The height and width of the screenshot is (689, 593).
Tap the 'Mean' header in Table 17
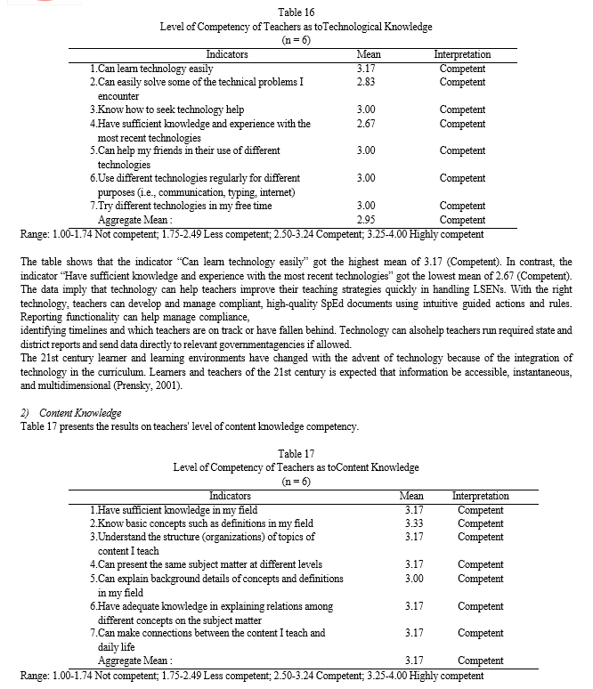point(411,496)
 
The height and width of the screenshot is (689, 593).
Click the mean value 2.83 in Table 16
point(365,82)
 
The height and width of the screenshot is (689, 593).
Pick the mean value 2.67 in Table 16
point(365,124)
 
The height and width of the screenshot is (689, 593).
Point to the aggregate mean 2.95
point(365,220)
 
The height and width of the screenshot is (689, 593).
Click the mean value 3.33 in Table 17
point(413,523)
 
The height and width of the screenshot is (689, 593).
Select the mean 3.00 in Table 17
point(413,579)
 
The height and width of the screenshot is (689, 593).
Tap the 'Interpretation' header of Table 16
point(462,55)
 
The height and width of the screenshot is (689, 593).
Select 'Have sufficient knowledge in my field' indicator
point(177,510)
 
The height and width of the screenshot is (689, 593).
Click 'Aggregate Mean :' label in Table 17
point(134,661)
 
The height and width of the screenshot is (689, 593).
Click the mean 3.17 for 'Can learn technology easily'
point(365,69)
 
